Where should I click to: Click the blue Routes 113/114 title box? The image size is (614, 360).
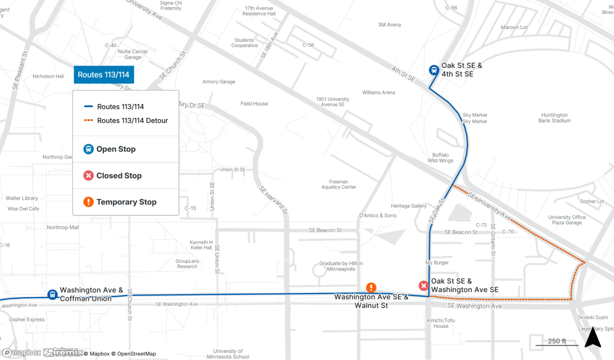coord(103,75)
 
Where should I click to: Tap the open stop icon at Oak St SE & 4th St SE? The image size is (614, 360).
coord(433,70)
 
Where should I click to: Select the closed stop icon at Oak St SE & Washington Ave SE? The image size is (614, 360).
coord(424,286)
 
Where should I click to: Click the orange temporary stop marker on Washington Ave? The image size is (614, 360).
coord(371,288)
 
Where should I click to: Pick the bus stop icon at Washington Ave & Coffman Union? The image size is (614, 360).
coord(52,295)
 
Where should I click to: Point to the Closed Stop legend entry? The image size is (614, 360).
coord(119,175)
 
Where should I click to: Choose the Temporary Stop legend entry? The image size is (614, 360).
coord(126,202)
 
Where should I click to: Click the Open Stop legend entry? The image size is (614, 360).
coord(116,149)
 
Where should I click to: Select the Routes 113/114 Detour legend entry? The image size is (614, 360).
coord(132,121)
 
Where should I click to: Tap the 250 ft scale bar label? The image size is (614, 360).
coord(557,341)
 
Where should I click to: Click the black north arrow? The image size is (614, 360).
coord(593,338)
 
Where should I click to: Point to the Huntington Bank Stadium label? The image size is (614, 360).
coord(554,118)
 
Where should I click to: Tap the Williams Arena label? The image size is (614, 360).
coord(379,93)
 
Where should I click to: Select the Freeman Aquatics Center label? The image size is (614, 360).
coord(339,184)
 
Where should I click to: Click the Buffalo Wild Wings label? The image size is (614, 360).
coord(440,157)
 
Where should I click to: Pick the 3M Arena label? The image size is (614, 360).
coord(389,25)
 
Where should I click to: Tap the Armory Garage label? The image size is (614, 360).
coord(218,82)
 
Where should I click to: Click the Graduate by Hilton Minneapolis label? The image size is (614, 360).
coord(341,266)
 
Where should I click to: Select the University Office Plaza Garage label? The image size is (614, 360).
coord(566,220)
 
